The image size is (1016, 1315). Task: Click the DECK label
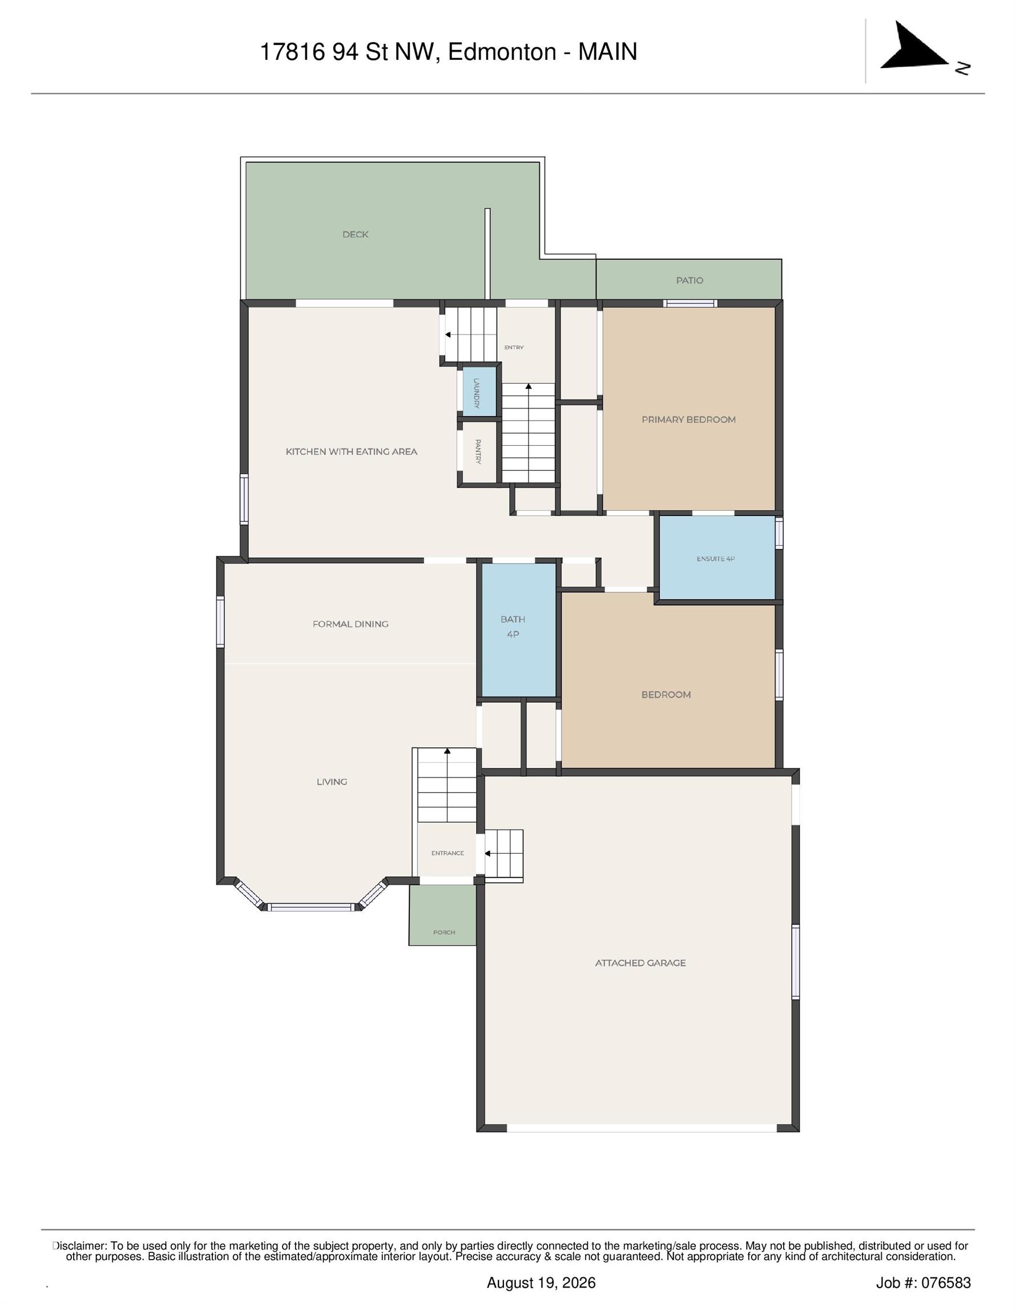coord(356,234)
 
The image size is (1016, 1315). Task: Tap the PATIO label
coord(690,281)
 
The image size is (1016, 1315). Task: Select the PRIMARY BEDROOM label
coord(688,419)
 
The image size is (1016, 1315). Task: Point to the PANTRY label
coord(478,451)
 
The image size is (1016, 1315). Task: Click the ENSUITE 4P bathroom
coord(717,558)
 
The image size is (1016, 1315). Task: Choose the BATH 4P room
coord(518,630)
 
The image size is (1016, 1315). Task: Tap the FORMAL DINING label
coord(350,624)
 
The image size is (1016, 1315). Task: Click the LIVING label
coord(332,782)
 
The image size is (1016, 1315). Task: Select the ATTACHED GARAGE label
coord(640,963)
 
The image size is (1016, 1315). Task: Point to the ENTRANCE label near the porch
coord(447,853)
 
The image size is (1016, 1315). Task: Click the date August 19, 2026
coord(541,1283)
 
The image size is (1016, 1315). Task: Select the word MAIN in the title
coord(608,52)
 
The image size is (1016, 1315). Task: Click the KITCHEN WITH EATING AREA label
coord(351,451)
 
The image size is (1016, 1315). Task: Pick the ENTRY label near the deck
coord(514,348)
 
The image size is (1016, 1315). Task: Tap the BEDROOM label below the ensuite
coord(666,695)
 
